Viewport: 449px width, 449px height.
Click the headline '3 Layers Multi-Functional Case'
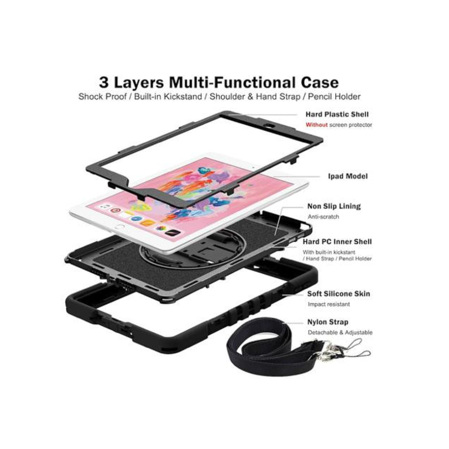coord(219,82)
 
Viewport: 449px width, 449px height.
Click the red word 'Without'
coord(317,125)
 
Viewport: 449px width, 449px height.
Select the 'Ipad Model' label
coord(348,176)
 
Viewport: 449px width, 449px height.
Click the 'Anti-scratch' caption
coord(323,217)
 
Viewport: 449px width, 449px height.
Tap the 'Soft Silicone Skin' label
coord(339,294)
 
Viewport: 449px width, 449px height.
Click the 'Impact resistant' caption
coord(329,304)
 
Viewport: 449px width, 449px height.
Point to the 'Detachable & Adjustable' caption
coord(340,333)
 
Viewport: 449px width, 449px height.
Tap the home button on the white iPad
coord(119,228)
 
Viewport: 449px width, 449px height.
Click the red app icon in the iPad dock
coord(115,211)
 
